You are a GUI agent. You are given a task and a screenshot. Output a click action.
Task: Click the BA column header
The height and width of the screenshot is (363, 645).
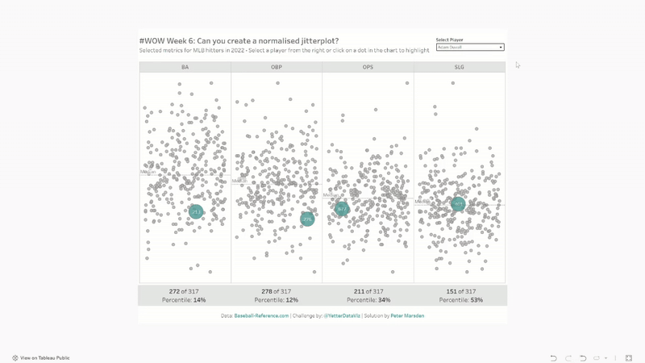tap(185, 67)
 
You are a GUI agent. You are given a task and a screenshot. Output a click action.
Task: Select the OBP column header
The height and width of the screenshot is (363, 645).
tap(277, 67)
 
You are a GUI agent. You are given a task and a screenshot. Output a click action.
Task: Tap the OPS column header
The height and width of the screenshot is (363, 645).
tap(368, 67)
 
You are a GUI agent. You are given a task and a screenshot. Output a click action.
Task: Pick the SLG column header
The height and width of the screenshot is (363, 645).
tap(460, 67)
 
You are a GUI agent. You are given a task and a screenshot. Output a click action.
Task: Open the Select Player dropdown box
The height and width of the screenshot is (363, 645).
tap(469, 48)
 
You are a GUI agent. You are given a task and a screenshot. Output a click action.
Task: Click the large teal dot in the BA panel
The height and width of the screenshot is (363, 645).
tap(196, 211)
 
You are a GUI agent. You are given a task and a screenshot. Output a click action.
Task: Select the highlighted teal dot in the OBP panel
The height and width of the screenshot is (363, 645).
tap(307, 219)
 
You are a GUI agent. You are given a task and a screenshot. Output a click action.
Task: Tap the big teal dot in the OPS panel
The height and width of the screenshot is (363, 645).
tap(342, 210)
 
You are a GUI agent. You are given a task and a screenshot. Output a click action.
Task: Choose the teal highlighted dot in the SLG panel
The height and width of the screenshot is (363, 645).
tap(458, 205)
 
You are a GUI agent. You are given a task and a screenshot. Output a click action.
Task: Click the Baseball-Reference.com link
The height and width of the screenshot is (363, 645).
tap(261, 315)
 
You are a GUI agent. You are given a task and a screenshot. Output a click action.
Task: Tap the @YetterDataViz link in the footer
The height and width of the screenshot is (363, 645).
tap(336, 315)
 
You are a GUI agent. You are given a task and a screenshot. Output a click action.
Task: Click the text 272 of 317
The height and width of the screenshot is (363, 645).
tap(185, 291)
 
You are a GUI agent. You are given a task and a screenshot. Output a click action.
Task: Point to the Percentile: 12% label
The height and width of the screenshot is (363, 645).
tap(277, 300)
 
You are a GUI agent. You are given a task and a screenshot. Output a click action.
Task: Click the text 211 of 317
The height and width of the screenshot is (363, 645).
tap(368, 291)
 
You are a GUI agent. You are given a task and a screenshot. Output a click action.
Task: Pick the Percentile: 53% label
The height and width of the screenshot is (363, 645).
tap(460, 300)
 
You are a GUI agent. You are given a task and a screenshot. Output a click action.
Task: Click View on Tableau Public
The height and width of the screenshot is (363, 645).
tap(45, 357)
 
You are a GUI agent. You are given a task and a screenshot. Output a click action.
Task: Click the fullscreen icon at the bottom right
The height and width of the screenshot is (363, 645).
tap(628, 357)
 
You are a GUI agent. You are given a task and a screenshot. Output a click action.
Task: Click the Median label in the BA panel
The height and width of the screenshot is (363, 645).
tap(148, 172)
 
